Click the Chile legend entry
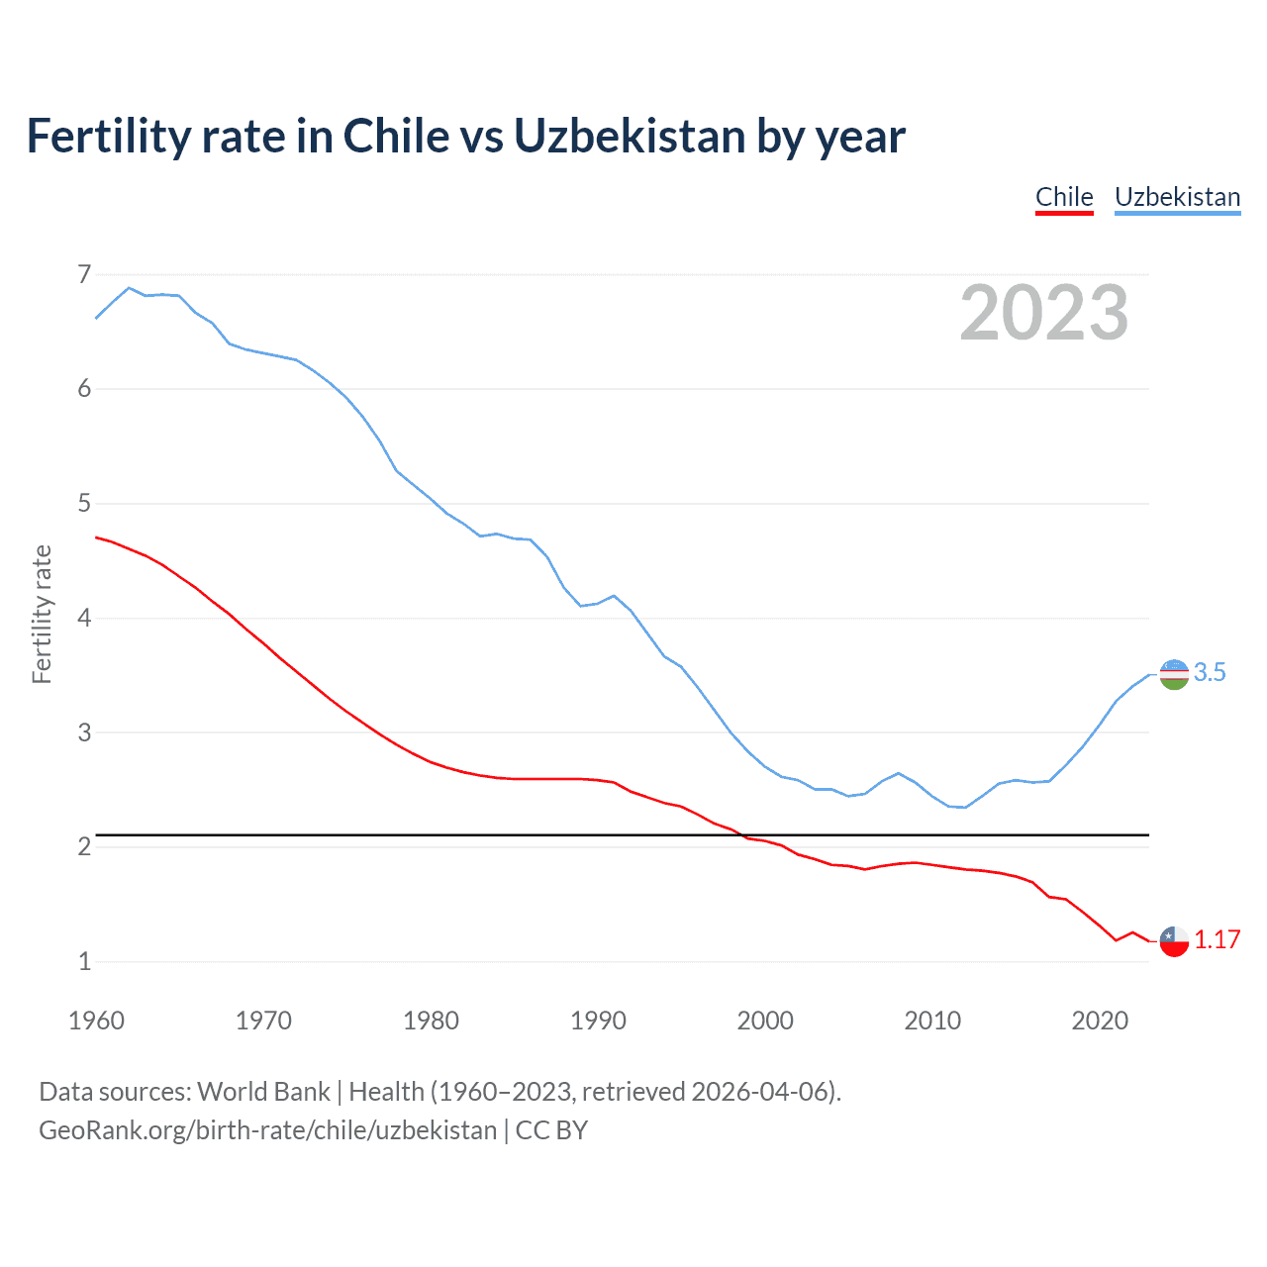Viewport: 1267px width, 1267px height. [x=1064, y=197]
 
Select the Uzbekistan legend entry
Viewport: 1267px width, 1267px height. [x=1177, y=197]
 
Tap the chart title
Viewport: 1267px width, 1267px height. [x=465, y=136]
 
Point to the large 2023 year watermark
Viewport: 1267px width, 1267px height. [x=1043, y=313]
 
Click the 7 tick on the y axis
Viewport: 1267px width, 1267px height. [x=84, y=274]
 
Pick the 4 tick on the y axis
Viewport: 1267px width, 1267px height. [x=84, y=618]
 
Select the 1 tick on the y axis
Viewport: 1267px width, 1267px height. [x=84, y=961]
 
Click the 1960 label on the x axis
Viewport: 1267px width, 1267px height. [x=96, y=1021]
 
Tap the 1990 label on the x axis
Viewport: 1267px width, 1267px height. [x=598, y=1021]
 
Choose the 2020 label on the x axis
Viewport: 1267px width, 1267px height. [x=1100, y=1021]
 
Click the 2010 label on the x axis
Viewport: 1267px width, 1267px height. [x=932, y=1021]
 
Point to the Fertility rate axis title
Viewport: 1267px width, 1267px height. [x=42, y=614]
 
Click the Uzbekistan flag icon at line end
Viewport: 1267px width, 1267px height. [x=1173, y=674]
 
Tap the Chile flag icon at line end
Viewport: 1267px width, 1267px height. [x=1173, y=940]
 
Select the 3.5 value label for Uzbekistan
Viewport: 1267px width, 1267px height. [x=1210, y=673]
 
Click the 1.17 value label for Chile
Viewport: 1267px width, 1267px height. [x=1217, y=940]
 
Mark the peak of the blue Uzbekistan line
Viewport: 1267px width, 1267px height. [x=129, y=288]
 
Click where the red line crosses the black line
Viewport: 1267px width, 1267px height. [x=741, y=835]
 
